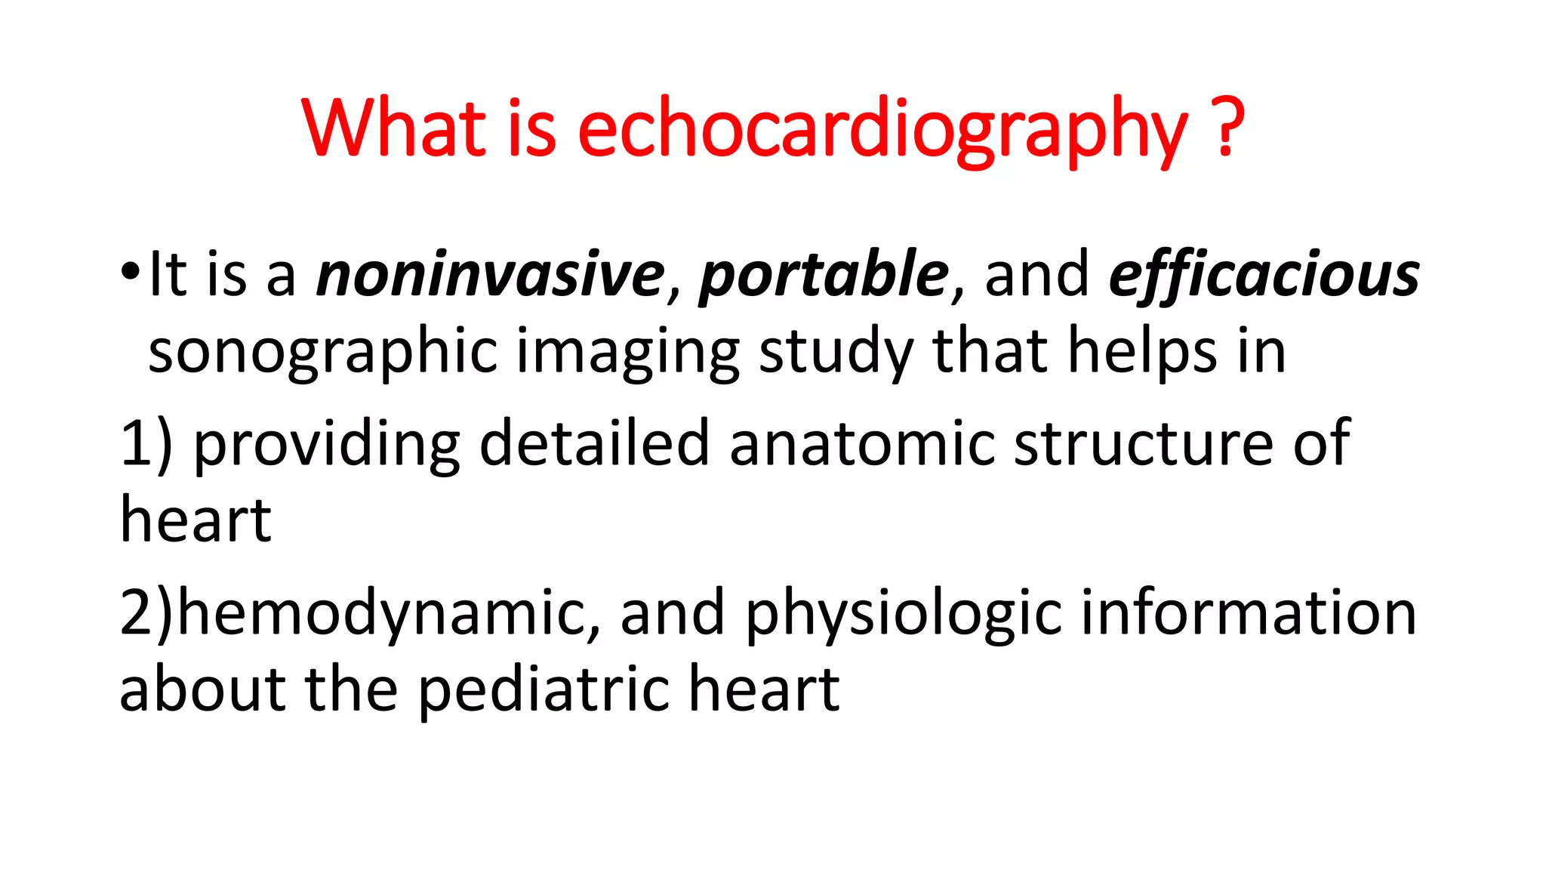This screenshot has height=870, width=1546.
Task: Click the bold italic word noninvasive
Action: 491,274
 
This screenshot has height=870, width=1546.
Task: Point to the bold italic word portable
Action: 824,274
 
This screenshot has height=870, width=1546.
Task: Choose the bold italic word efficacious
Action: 1264,274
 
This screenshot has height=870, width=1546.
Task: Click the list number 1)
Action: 146,444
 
